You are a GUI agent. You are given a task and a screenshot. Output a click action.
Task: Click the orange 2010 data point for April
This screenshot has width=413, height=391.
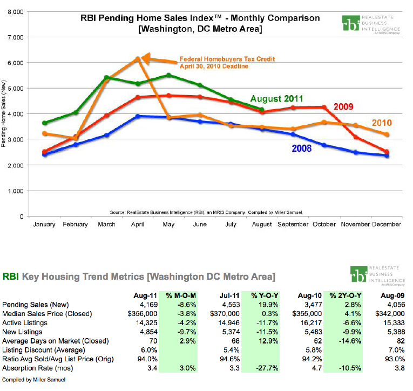click(138, 58)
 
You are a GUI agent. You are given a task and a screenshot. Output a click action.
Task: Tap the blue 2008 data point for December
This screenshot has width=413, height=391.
click(387, 156)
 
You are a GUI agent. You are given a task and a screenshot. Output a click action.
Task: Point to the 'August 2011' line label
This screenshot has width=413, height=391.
click(292, 99)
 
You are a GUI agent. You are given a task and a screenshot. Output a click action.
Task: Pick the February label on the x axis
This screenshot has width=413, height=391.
click(76, 224)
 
